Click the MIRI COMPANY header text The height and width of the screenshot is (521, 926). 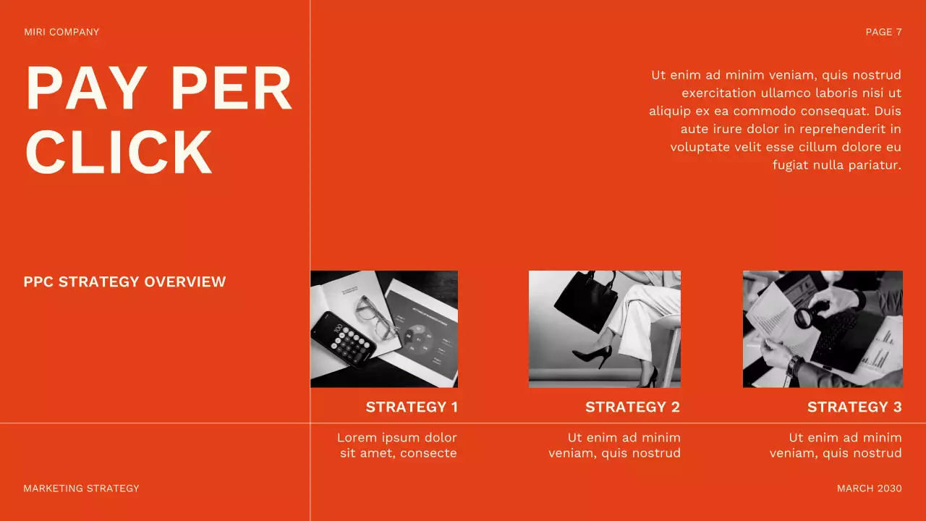(61, 33)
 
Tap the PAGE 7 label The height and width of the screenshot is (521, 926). (884, 33)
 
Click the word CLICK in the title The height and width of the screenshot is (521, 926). (119, 152)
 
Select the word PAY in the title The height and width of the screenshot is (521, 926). (86, 88)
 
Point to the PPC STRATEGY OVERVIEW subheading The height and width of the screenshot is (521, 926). (125, 281)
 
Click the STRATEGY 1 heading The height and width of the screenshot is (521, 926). (412, 407)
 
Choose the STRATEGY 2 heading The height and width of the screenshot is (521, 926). (633, 407)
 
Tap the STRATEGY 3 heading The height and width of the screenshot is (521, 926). (854, 407)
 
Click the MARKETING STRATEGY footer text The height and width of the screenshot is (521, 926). (81, 488)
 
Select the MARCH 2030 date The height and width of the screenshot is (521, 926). (870, 488)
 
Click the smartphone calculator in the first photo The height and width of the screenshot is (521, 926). (344, 340)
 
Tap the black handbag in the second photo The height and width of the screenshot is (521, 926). (586, 300)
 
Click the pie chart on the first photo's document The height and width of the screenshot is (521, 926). (418, 341)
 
